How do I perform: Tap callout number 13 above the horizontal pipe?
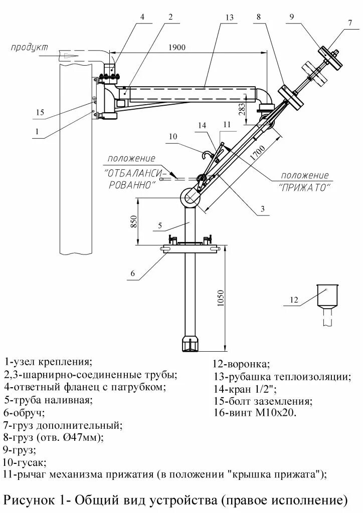(x=229, y=17)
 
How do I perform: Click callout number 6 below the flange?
(x=132, y=273)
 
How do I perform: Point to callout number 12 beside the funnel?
(x=294, y=300)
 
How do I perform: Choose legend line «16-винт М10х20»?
(x=255, y=413)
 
